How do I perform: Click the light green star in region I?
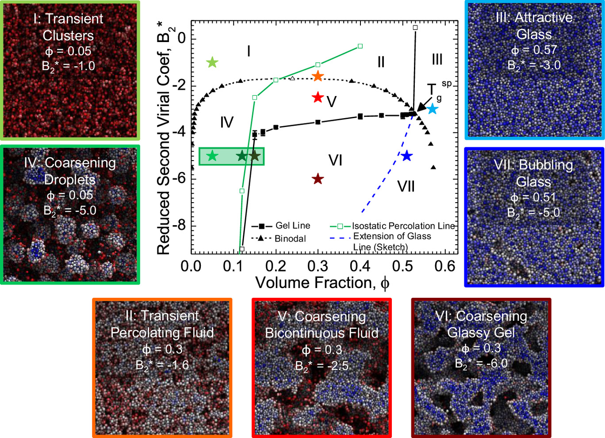[212, 62]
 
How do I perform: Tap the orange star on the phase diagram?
[318, 76]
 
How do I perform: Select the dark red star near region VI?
[318, 179]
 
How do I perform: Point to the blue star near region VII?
[407, 156]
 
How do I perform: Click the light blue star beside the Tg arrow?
[432, 108]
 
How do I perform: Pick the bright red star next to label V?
[318, 97]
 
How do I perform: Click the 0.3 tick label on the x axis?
[318, 266]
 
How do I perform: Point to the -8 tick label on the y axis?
[179, 226]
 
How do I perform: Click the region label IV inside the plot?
[226, 122]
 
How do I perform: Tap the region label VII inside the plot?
[406, 186]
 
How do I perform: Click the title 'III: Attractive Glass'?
[534, 26]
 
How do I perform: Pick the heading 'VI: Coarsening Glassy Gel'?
[481, 324]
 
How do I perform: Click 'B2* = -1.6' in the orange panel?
[162, 365]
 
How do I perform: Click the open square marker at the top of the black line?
[415, 27]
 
